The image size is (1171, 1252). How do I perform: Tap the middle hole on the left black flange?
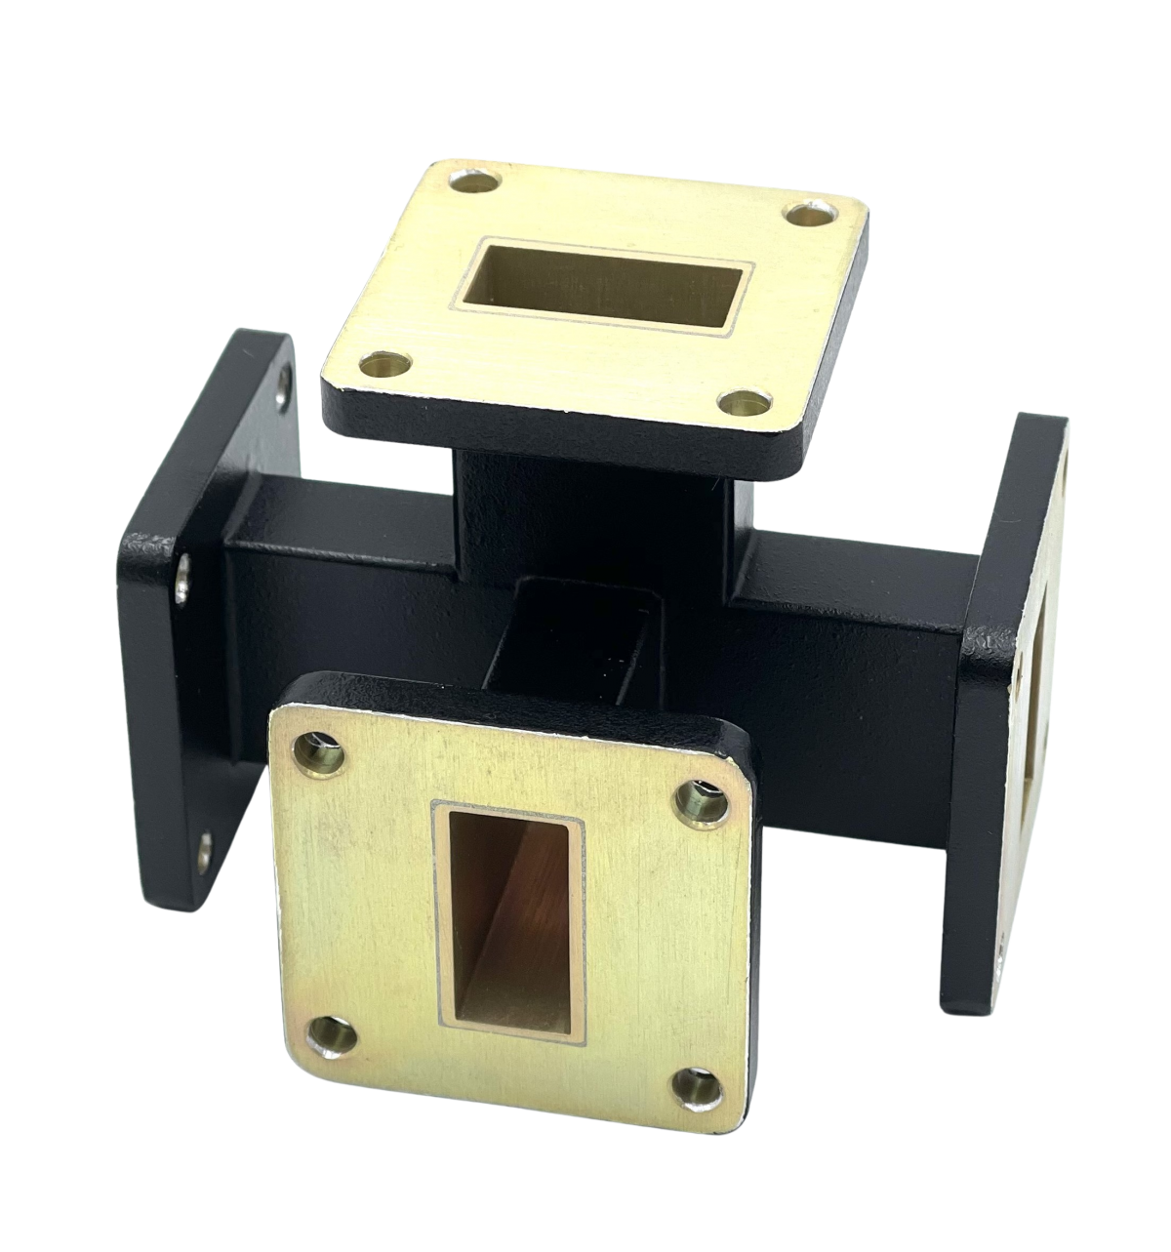183,586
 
